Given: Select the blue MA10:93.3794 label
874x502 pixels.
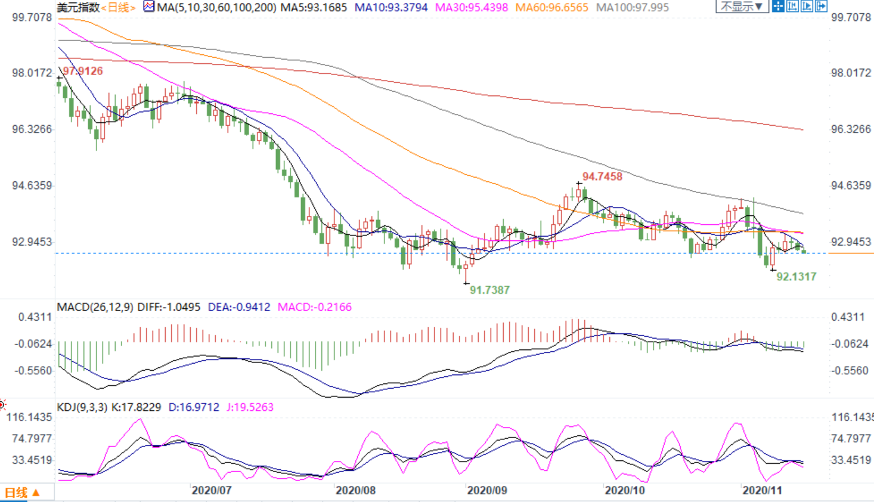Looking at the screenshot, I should point(391,8).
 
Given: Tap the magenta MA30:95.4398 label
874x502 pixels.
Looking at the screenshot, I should point(472,8).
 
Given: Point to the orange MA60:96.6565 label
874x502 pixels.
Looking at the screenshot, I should point(552,8).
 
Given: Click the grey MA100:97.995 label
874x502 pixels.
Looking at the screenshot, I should point(633,8).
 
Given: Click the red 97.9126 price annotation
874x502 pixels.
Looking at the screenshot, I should point(83,71).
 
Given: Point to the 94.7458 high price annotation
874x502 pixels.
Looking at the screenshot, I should point(602,176).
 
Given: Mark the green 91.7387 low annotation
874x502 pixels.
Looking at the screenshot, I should point(489,290).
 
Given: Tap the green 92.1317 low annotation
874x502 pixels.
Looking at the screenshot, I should point(796,277).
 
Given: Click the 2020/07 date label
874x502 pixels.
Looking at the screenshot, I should point(212,491).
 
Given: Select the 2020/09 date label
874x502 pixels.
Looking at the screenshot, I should point(487,491).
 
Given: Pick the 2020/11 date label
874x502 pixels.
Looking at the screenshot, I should point(762,491).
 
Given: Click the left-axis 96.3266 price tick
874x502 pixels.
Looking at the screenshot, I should point(32,129).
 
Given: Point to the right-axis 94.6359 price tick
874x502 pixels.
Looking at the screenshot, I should point(851,185).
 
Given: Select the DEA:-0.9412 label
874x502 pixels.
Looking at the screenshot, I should point(238,307).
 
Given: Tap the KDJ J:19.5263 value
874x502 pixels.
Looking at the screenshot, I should point(250,407).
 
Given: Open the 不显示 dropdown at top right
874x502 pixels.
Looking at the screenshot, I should point(742,7).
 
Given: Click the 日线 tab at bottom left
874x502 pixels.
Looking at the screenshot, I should point(21,493).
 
